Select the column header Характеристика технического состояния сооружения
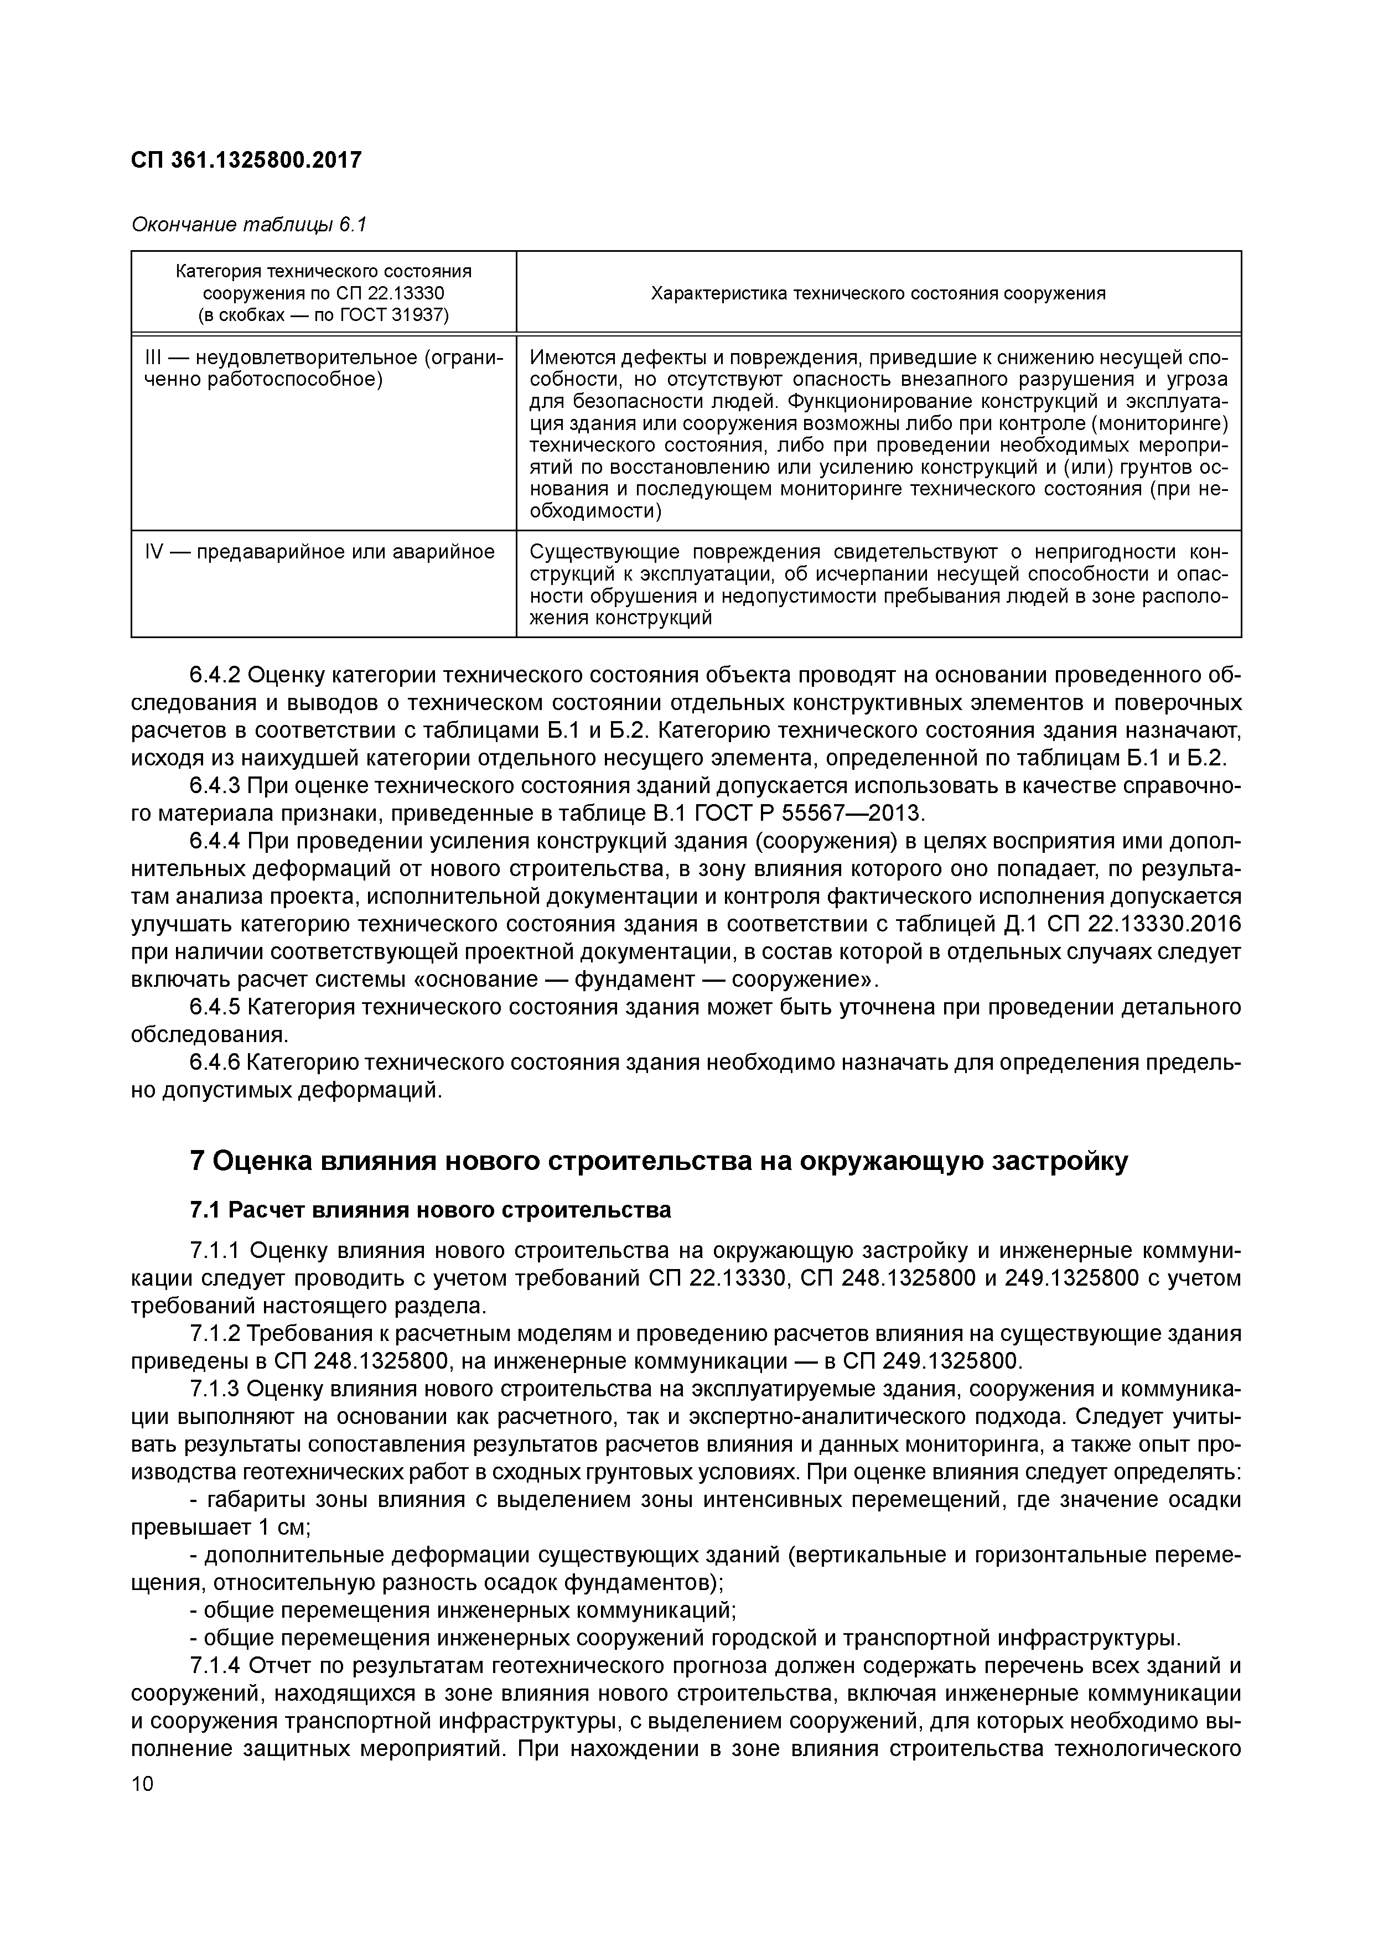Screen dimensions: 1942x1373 point(878,293)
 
